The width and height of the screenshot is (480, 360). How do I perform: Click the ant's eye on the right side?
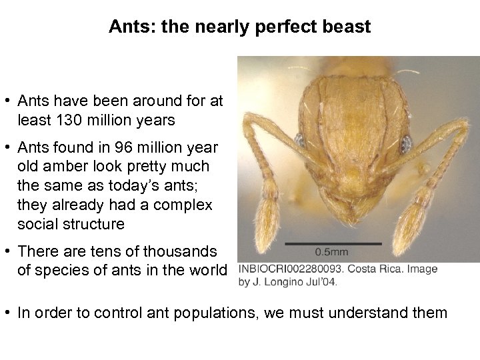[404, 142]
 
